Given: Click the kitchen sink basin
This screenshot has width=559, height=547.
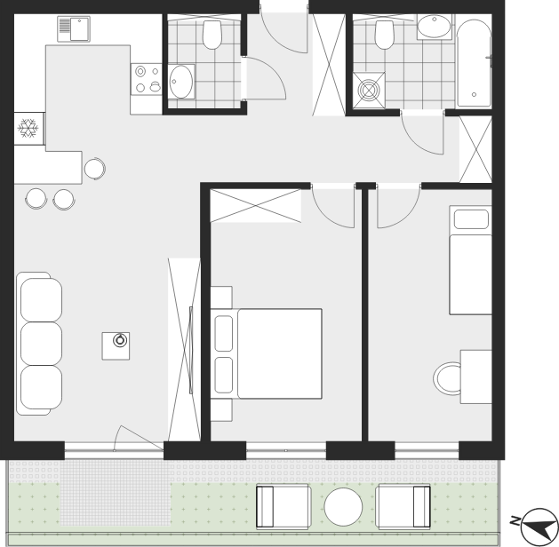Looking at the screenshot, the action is [79, 29].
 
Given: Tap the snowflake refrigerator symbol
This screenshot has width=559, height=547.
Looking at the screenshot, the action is [28, 128].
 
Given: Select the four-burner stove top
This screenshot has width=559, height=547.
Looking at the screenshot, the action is [146, 79].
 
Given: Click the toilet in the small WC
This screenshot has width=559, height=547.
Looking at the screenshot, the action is [212, 35].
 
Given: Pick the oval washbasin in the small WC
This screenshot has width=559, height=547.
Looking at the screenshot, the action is [180, 82].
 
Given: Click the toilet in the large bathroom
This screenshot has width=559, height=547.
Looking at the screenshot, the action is [384, 35].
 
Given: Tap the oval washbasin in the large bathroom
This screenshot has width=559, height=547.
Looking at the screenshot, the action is [434, 26].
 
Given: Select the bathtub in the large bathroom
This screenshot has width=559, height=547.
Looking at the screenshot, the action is [474, 63].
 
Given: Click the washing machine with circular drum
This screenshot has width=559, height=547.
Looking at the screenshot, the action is [369, 90].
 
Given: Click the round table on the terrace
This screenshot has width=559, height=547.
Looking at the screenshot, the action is [343, 507].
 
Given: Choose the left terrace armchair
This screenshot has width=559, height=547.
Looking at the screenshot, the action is [283, 506].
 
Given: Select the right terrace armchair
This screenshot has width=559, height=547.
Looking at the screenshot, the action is [403, 506].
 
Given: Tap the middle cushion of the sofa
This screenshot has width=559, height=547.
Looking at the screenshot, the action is [41, 344].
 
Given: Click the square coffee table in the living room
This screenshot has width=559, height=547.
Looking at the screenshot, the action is [116, 345].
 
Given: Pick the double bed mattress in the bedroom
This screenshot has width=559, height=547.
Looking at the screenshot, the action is [279, 353].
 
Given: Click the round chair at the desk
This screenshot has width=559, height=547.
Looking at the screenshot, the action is [447, 378].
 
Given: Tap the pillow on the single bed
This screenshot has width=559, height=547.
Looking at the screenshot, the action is [471, 219].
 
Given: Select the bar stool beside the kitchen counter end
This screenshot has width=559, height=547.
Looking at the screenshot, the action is [95, 169].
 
